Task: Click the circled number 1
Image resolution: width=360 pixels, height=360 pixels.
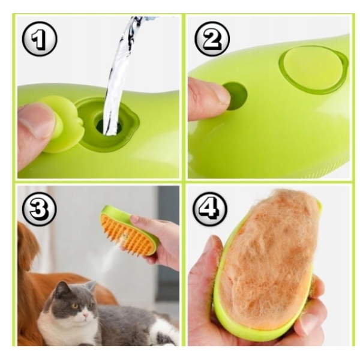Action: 40,39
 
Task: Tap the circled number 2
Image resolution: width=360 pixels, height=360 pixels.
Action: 212,38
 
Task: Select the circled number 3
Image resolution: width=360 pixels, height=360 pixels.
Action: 40,209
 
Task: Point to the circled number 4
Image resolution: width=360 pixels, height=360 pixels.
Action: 209,209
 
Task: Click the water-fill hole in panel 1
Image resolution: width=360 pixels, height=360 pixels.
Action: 108,126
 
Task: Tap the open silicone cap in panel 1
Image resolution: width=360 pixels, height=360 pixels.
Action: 60,124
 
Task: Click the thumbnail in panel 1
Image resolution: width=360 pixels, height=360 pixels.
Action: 37,120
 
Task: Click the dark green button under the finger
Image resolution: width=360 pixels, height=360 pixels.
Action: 236,96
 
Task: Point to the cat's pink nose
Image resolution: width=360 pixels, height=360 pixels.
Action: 85,316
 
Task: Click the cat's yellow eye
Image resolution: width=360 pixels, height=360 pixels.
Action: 75,306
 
